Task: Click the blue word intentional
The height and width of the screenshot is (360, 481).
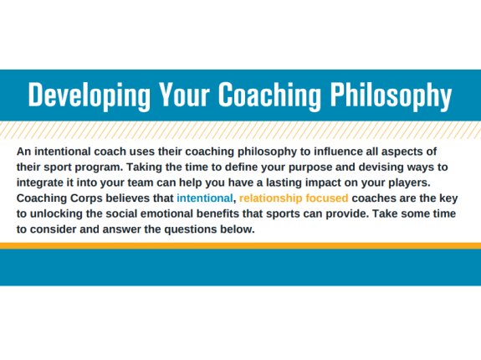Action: (x=203, y=198)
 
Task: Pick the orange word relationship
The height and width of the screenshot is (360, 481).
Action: (x=272, y=198)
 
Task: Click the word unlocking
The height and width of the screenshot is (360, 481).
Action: (x=59, y=214)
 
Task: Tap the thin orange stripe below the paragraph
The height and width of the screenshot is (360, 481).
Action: (x=240, y=245)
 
